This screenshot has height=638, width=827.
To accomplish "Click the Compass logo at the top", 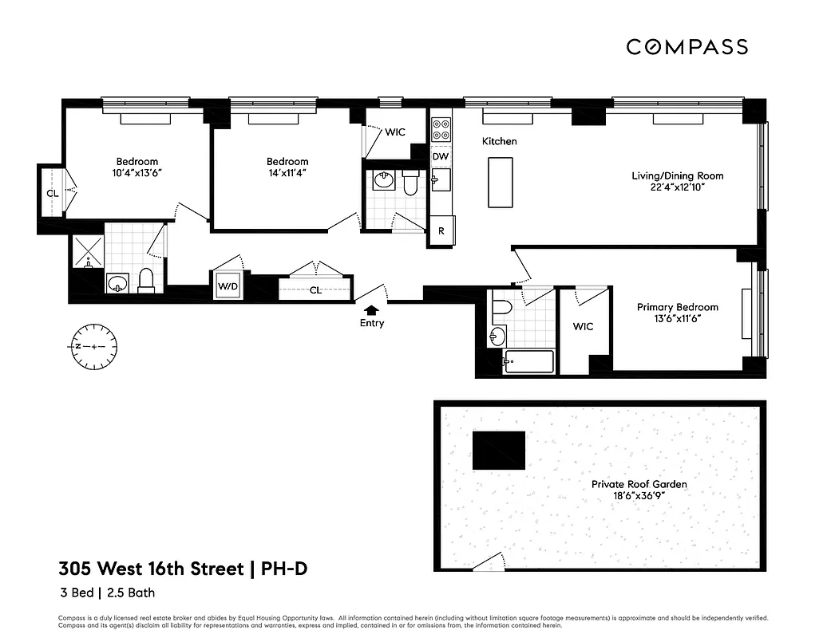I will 687,47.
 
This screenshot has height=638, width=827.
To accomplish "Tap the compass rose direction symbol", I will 93,346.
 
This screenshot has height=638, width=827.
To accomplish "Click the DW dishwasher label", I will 441,157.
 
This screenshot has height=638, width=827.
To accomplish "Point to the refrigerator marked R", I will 441,232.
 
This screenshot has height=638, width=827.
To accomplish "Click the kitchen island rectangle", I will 500,182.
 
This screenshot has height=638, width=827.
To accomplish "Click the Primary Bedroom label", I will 677,307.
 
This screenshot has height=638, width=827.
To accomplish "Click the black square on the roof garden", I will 499,451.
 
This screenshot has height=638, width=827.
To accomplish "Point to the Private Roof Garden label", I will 639,484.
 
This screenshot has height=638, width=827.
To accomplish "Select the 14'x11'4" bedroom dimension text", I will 287,173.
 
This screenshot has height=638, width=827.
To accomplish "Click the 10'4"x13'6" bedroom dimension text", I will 137,172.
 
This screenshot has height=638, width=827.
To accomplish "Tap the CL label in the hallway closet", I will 315,290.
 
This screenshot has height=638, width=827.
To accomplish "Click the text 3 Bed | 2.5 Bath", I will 107,593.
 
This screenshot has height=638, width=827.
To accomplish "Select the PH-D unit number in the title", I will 284,569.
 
